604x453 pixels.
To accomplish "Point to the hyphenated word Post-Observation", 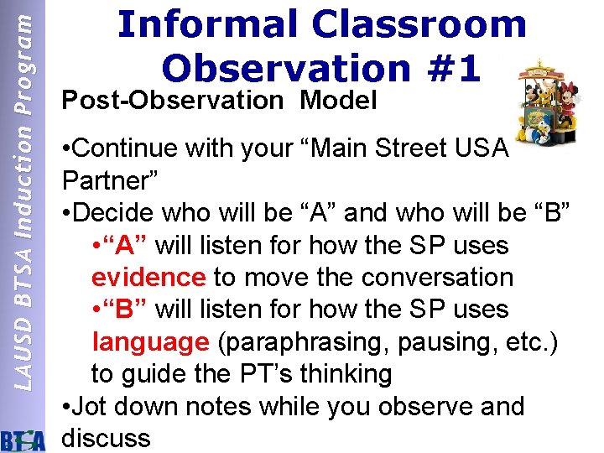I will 173,101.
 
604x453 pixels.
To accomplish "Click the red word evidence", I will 149,277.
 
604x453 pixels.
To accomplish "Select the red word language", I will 149,341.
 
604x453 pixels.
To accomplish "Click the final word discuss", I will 107,438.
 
